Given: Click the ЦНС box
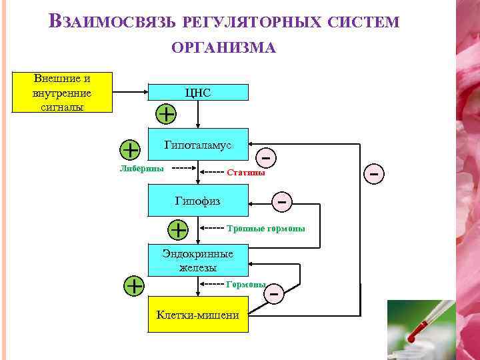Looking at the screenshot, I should click(x=198, y=93).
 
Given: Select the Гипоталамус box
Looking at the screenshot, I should click(x=198, y=145).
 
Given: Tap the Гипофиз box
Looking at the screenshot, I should click(x=198, y=200).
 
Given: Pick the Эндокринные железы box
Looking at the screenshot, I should click(x=198, y=261).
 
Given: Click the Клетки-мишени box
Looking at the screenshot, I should click(x=198, y=315).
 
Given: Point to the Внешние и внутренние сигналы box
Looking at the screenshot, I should click(x=62, y=93).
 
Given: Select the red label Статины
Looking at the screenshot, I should click(x=246, y=173).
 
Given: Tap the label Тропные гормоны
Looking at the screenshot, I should click(x=266, y=229).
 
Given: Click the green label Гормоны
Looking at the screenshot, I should click(x=246, y=285).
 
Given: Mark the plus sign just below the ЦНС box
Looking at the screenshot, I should click(x=165, y=113).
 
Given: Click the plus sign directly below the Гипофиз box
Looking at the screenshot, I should click(x=178, y=229).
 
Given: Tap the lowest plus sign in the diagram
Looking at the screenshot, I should click(x=135, y=285).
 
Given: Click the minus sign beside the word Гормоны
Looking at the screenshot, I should click(x=273, y=292).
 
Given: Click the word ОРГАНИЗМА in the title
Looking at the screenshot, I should click(x=223, y=48).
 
